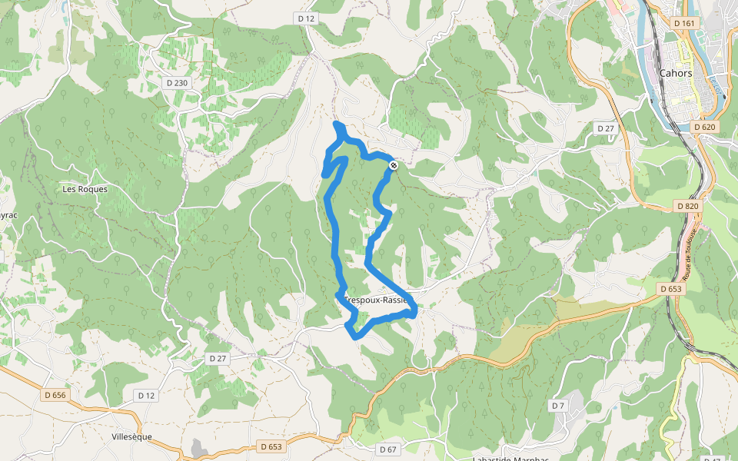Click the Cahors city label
(x=676, y=74)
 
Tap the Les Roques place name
(x=85, y=189)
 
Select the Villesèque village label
(x=131, y=436)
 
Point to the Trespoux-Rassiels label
(x=377, y=300)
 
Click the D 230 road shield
(x=178, y=83)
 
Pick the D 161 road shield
(x=683, y=24)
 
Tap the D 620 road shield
(x=704, y=127)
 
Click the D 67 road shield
(x=389, y=449)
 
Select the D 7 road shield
(x=557, y=405)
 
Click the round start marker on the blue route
(x=394, y=165)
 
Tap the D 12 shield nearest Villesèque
(x=146, y=395)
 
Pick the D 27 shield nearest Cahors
(x=606, y=128)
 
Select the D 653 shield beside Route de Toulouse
(x=670, y=289)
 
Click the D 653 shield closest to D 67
(x=271, y=446)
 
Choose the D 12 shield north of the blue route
(x=305, y=18)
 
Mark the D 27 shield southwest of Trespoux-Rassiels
(x=218, y=359)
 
